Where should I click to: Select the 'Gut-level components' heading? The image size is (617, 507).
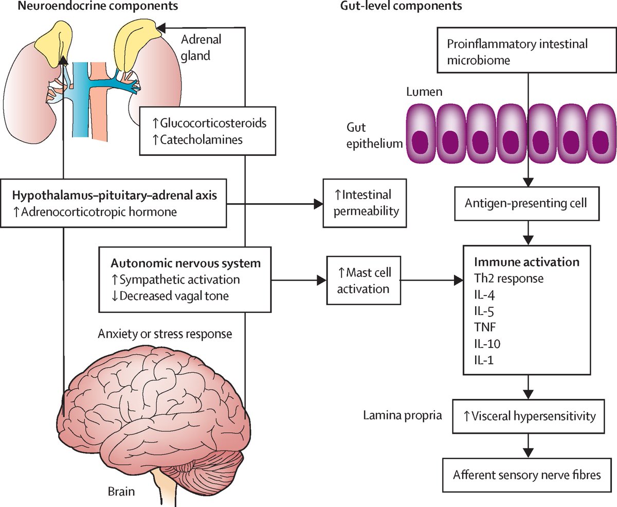click(x=401, y=7)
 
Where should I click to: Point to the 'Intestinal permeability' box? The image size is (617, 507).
click(x=362, y=203)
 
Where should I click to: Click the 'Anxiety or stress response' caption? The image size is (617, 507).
click(x=164, y=334)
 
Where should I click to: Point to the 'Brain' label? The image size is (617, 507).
click(x=121, y=491)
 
